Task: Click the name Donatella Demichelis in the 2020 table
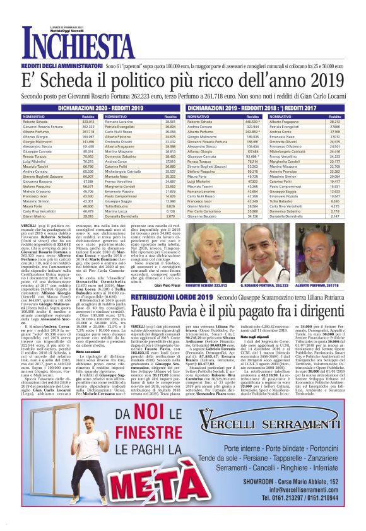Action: pyautogui.click(x=126, y=233)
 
